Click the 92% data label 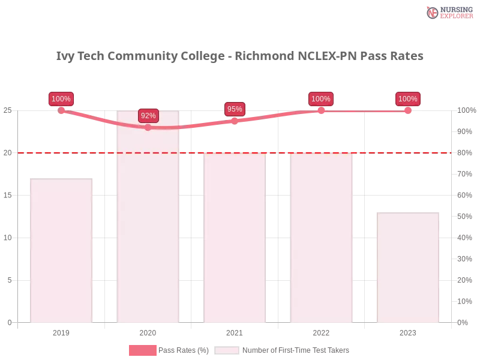click(148, 115)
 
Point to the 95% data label click(235, 109)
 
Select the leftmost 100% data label click(61, 99)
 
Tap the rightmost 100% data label click(408, 99)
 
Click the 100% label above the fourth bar click(321, 99)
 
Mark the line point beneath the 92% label click(148, 127)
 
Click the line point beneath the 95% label click(235, 119)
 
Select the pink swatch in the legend click(142, 350)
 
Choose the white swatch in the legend click(227, 350)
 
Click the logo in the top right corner click(448, 12)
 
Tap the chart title click(240, 56)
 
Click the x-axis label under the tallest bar click(148, 331)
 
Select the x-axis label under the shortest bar click(408, 331)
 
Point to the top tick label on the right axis click(465, 110)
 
